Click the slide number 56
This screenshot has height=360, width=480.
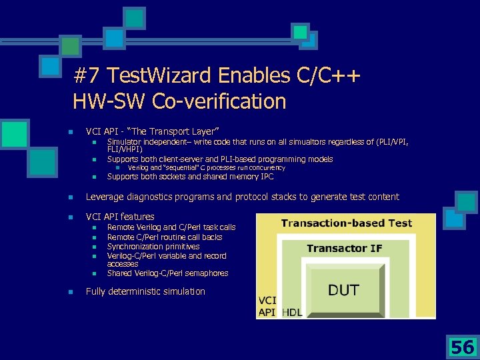coord(462,347)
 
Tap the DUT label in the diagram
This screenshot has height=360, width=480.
coord(343,290)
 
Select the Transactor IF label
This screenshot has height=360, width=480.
coord(344,248)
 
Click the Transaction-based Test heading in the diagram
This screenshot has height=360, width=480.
coord(346,223)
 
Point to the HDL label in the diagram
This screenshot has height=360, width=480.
coord(291,312)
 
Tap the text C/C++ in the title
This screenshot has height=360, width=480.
coord(329,75)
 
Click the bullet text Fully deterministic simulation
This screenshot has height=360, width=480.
coord(145,291)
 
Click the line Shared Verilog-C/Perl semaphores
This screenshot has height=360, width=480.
coord(167,273)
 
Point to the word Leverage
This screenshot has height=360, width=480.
coord(105,197)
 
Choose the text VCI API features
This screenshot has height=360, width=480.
coord(120,217)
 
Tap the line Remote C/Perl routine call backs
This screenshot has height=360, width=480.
coord(165,237)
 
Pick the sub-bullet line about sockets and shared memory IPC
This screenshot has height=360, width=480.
coord(190,177)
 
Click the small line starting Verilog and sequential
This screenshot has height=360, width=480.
coord(206,168)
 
